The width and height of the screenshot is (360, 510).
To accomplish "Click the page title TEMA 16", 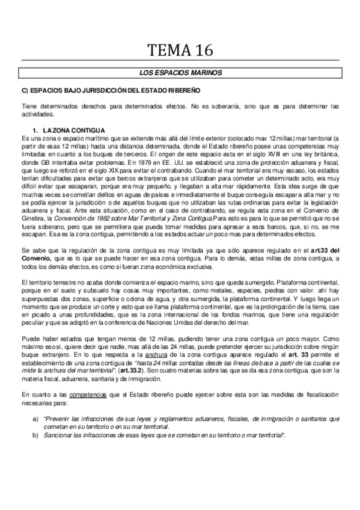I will [x=180, y=50].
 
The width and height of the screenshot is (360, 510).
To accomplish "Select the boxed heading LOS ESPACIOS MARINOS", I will [x=180, y=73].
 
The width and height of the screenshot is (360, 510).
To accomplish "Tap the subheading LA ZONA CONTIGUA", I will [x=73, y=131].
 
